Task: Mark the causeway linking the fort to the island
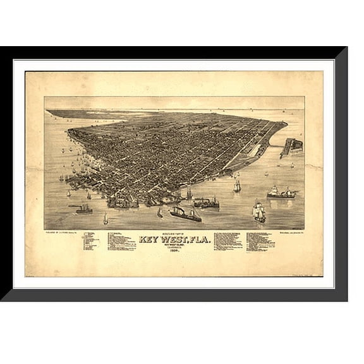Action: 276,146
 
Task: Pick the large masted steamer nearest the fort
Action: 281,193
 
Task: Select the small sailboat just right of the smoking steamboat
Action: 106,219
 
